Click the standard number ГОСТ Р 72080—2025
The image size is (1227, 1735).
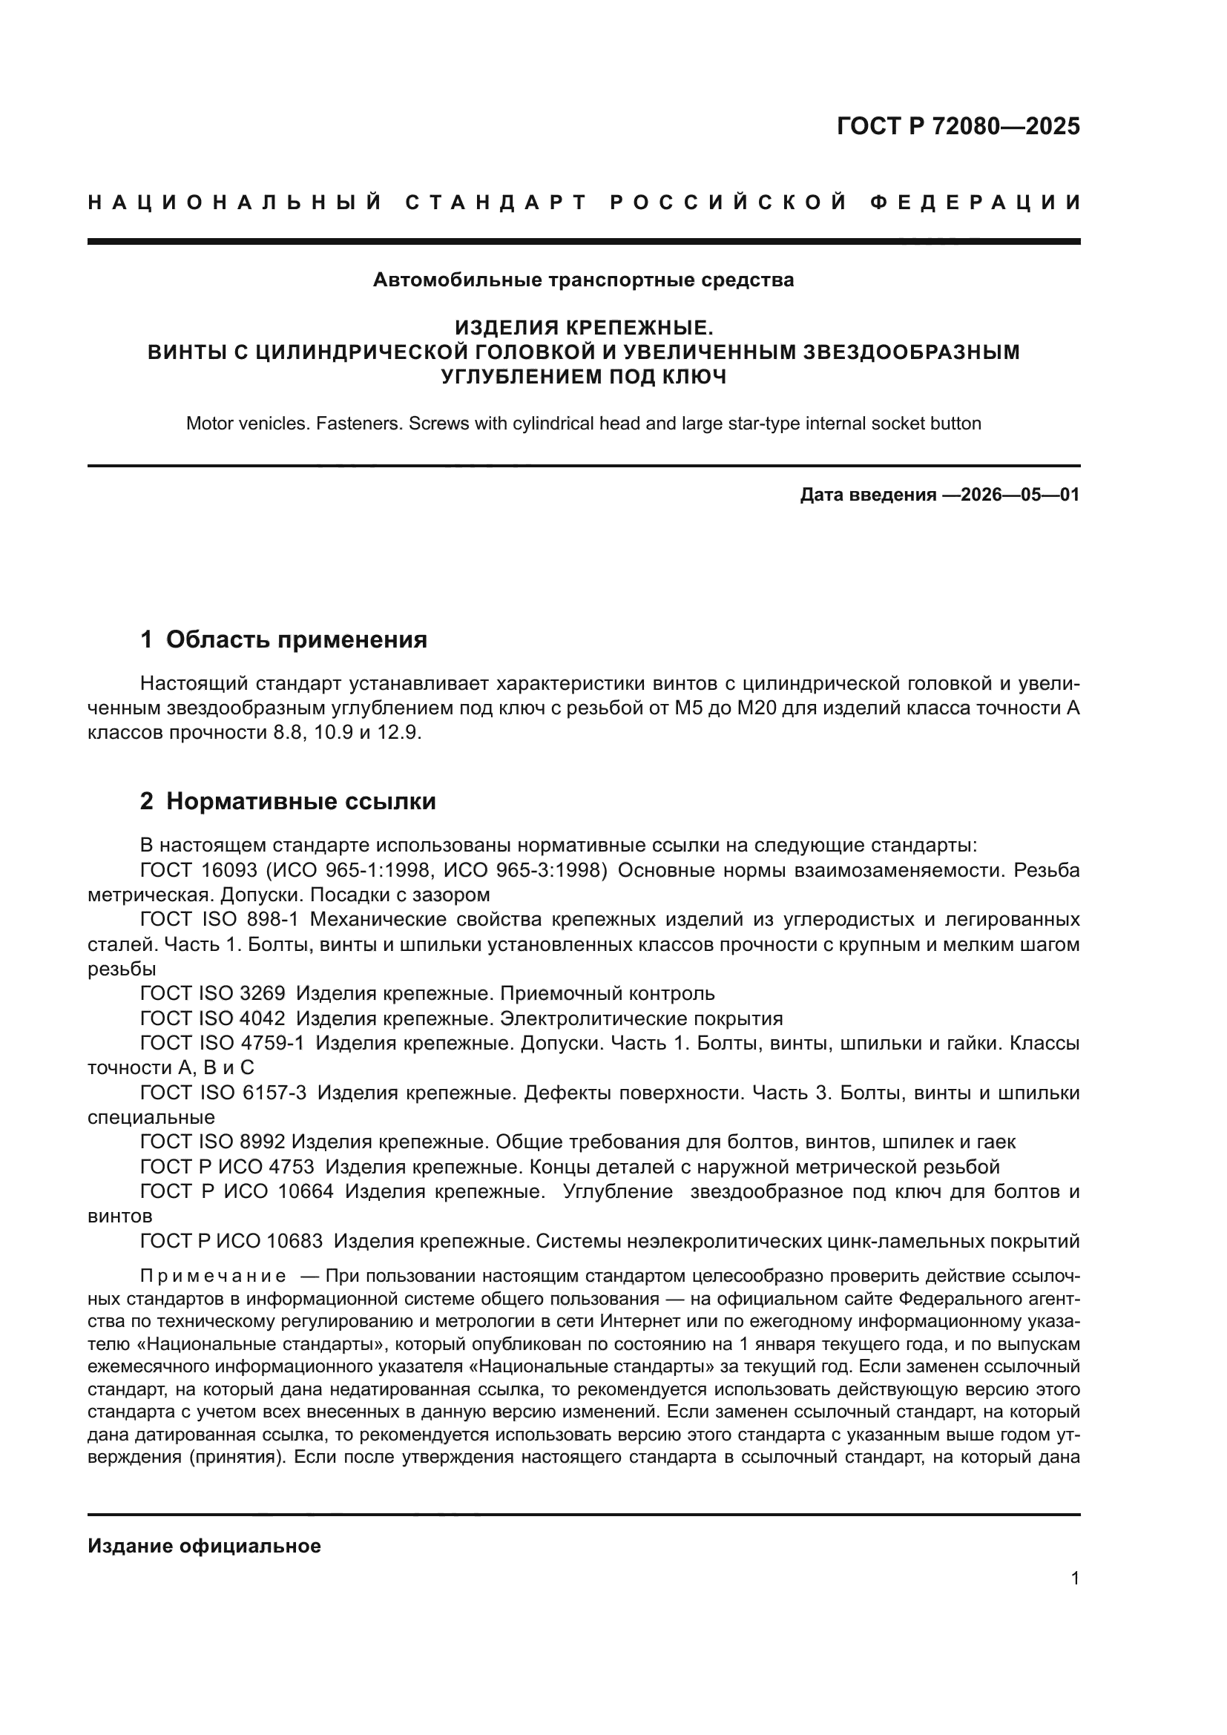click(x=957, y=126)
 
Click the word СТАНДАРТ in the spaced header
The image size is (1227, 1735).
click(x=496, y=203)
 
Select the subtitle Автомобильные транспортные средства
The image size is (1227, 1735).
click(x=583, y=280)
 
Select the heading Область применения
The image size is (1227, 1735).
click(x=296, y=639)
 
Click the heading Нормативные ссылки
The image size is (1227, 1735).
click(x=300, y=801)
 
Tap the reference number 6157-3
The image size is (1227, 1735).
click(x=274, y=1093)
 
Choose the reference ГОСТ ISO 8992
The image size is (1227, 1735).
click(x=213, y=1142)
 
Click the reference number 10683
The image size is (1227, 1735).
click(x=295, y=1241)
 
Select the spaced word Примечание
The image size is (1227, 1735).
click(x=213, y=1277)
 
